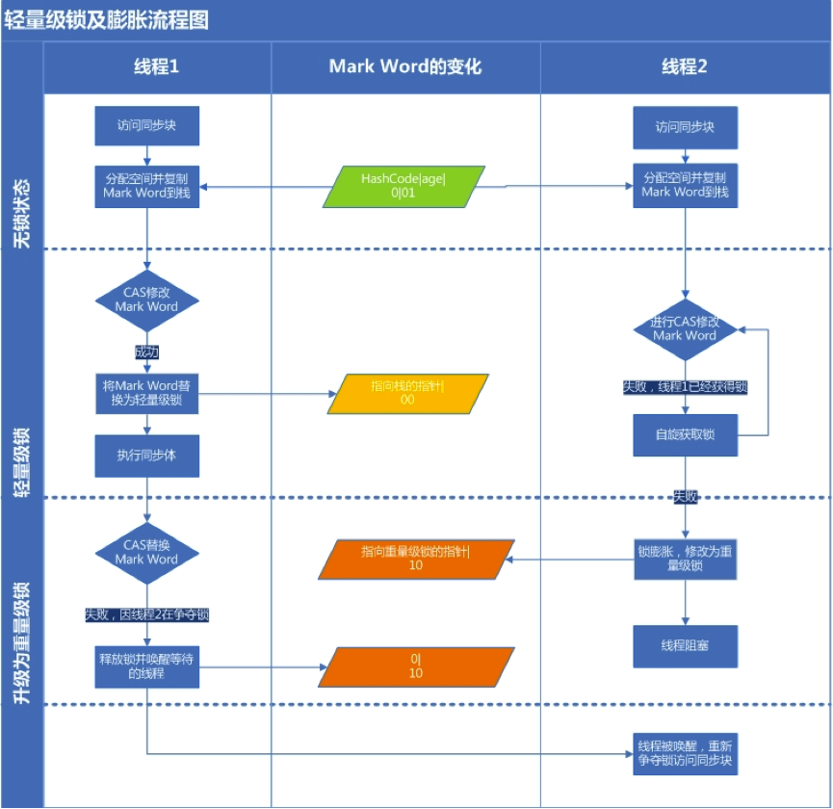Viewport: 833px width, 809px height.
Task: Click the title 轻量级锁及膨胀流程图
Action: tap(106, 19)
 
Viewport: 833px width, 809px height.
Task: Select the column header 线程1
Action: tap(156, 66)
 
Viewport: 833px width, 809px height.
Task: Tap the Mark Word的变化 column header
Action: tap(404, 66)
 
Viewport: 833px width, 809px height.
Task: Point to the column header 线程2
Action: tap(685, 66)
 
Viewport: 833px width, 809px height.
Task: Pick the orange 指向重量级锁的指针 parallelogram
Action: tap(415, 559)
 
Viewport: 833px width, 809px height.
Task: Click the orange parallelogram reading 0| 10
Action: tap(415, 666)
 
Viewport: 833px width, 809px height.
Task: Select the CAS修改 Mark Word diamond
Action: tap(146, 300)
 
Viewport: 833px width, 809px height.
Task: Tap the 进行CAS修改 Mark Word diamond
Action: tap(685, 328)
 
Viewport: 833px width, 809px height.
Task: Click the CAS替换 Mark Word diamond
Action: tap(146, 552)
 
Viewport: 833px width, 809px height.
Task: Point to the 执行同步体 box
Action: tap(146, 456)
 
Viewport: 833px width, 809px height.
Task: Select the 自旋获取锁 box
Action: tap(685, 435)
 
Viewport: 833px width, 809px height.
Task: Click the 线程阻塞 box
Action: tap(685, 646)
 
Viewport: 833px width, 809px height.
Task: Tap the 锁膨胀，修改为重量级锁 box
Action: tap(685, 560)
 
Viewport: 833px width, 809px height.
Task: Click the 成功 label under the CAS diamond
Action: tap(146, 352)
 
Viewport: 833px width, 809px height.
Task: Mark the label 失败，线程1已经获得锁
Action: tap(685, 387)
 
